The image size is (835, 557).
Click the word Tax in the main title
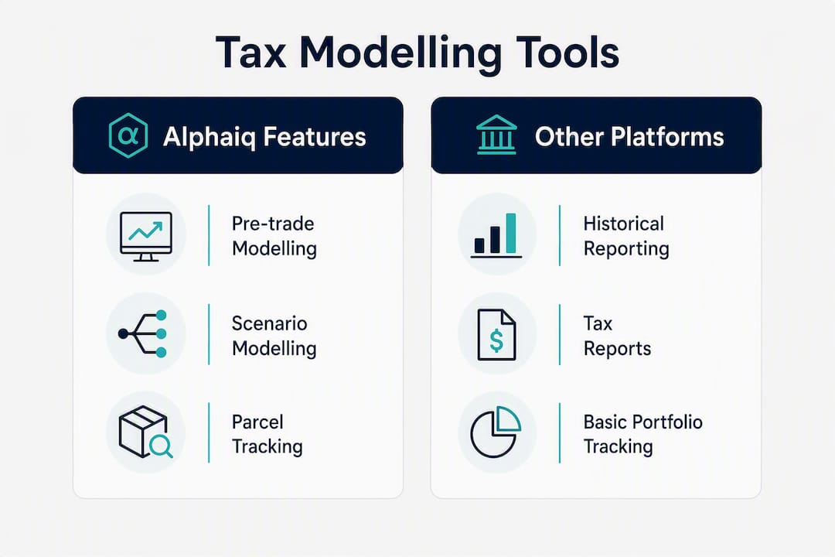tap(250, 53)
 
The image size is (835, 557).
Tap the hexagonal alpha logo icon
tap(128, 136)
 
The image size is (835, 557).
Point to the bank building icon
tap(496, 135)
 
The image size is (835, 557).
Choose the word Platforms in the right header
tap(667, 137)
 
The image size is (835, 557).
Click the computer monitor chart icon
tap(146, 236)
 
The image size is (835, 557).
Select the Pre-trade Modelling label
tap(274, 236)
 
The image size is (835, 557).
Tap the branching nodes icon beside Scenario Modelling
tap(143, 333)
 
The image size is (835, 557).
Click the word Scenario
tap(270, 323)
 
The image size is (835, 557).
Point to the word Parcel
tap(257, 422)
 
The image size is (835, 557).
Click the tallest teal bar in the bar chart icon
tap(511, 233)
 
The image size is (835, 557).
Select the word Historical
tap(624, 224)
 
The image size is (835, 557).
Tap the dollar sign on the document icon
tap(496, 340)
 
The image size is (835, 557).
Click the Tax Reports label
tap(617, 336)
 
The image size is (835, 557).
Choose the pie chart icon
tap(496, 432)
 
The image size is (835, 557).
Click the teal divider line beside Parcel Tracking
tap(209, 432)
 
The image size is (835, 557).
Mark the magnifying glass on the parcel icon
tap(161, 446)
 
